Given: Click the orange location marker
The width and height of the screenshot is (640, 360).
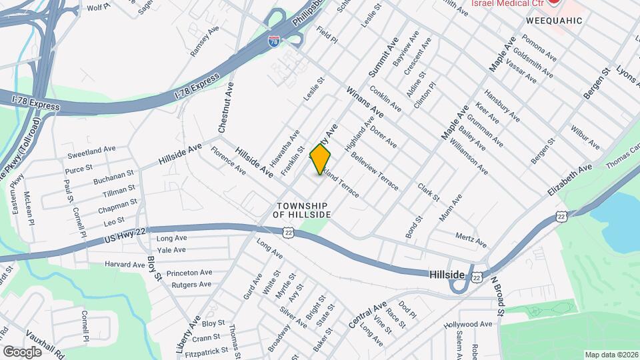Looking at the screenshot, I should [321, 159].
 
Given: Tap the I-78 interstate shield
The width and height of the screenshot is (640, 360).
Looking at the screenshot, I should [274, 41].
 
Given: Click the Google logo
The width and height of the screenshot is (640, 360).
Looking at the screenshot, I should [22, 351].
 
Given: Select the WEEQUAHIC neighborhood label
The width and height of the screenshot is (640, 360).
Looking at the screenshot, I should [554, 21].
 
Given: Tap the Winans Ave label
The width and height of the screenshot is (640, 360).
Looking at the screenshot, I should [364, 101].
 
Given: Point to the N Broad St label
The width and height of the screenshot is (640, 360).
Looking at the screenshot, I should [498, 292].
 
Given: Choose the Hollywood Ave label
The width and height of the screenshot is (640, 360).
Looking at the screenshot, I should [468, 325].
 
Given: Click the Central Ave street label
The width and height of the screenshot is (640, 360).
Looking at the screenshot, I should [367, 315].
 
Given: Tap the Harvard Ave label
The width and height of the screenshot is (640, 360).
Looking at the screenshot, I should [125, 265].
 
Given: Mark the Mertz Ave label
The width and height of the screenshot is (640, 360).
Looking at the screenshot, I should [471, 238].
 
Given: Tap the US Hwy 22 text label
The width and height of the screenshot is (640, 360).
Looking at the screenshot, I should [125, 238].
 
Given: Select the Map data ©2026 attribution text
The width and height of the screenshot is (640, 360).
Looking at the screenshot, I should [611, 354].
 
